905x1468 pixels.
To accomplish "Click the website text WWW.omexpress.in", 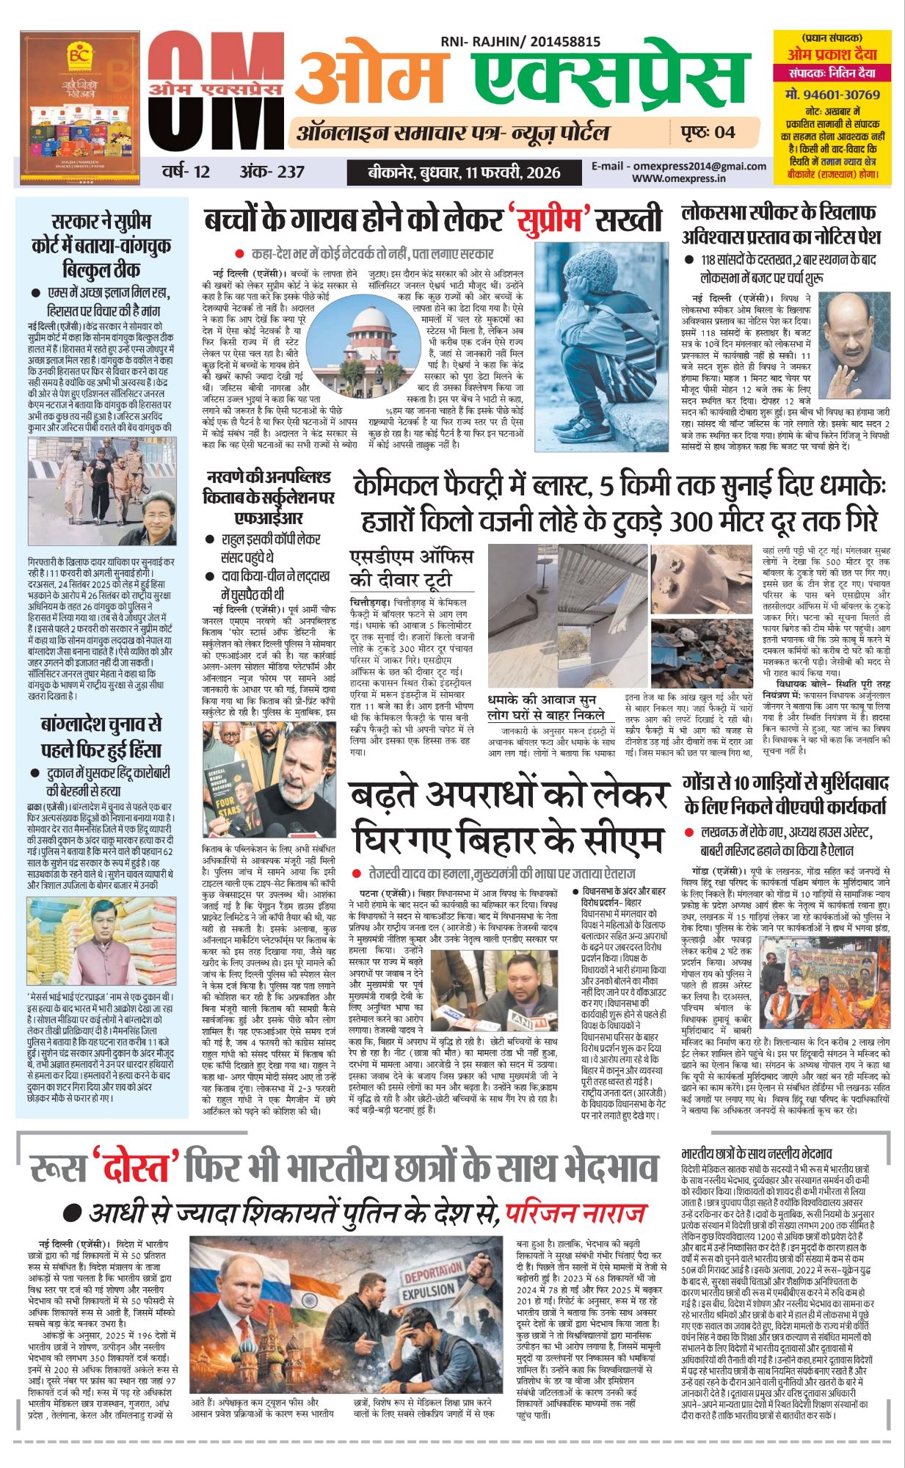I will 678,178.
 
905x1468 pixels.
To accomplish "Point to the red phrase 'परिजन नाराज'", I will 575,1211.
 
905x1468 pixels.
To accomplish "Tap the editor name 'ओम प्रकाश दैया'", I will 832,54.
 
